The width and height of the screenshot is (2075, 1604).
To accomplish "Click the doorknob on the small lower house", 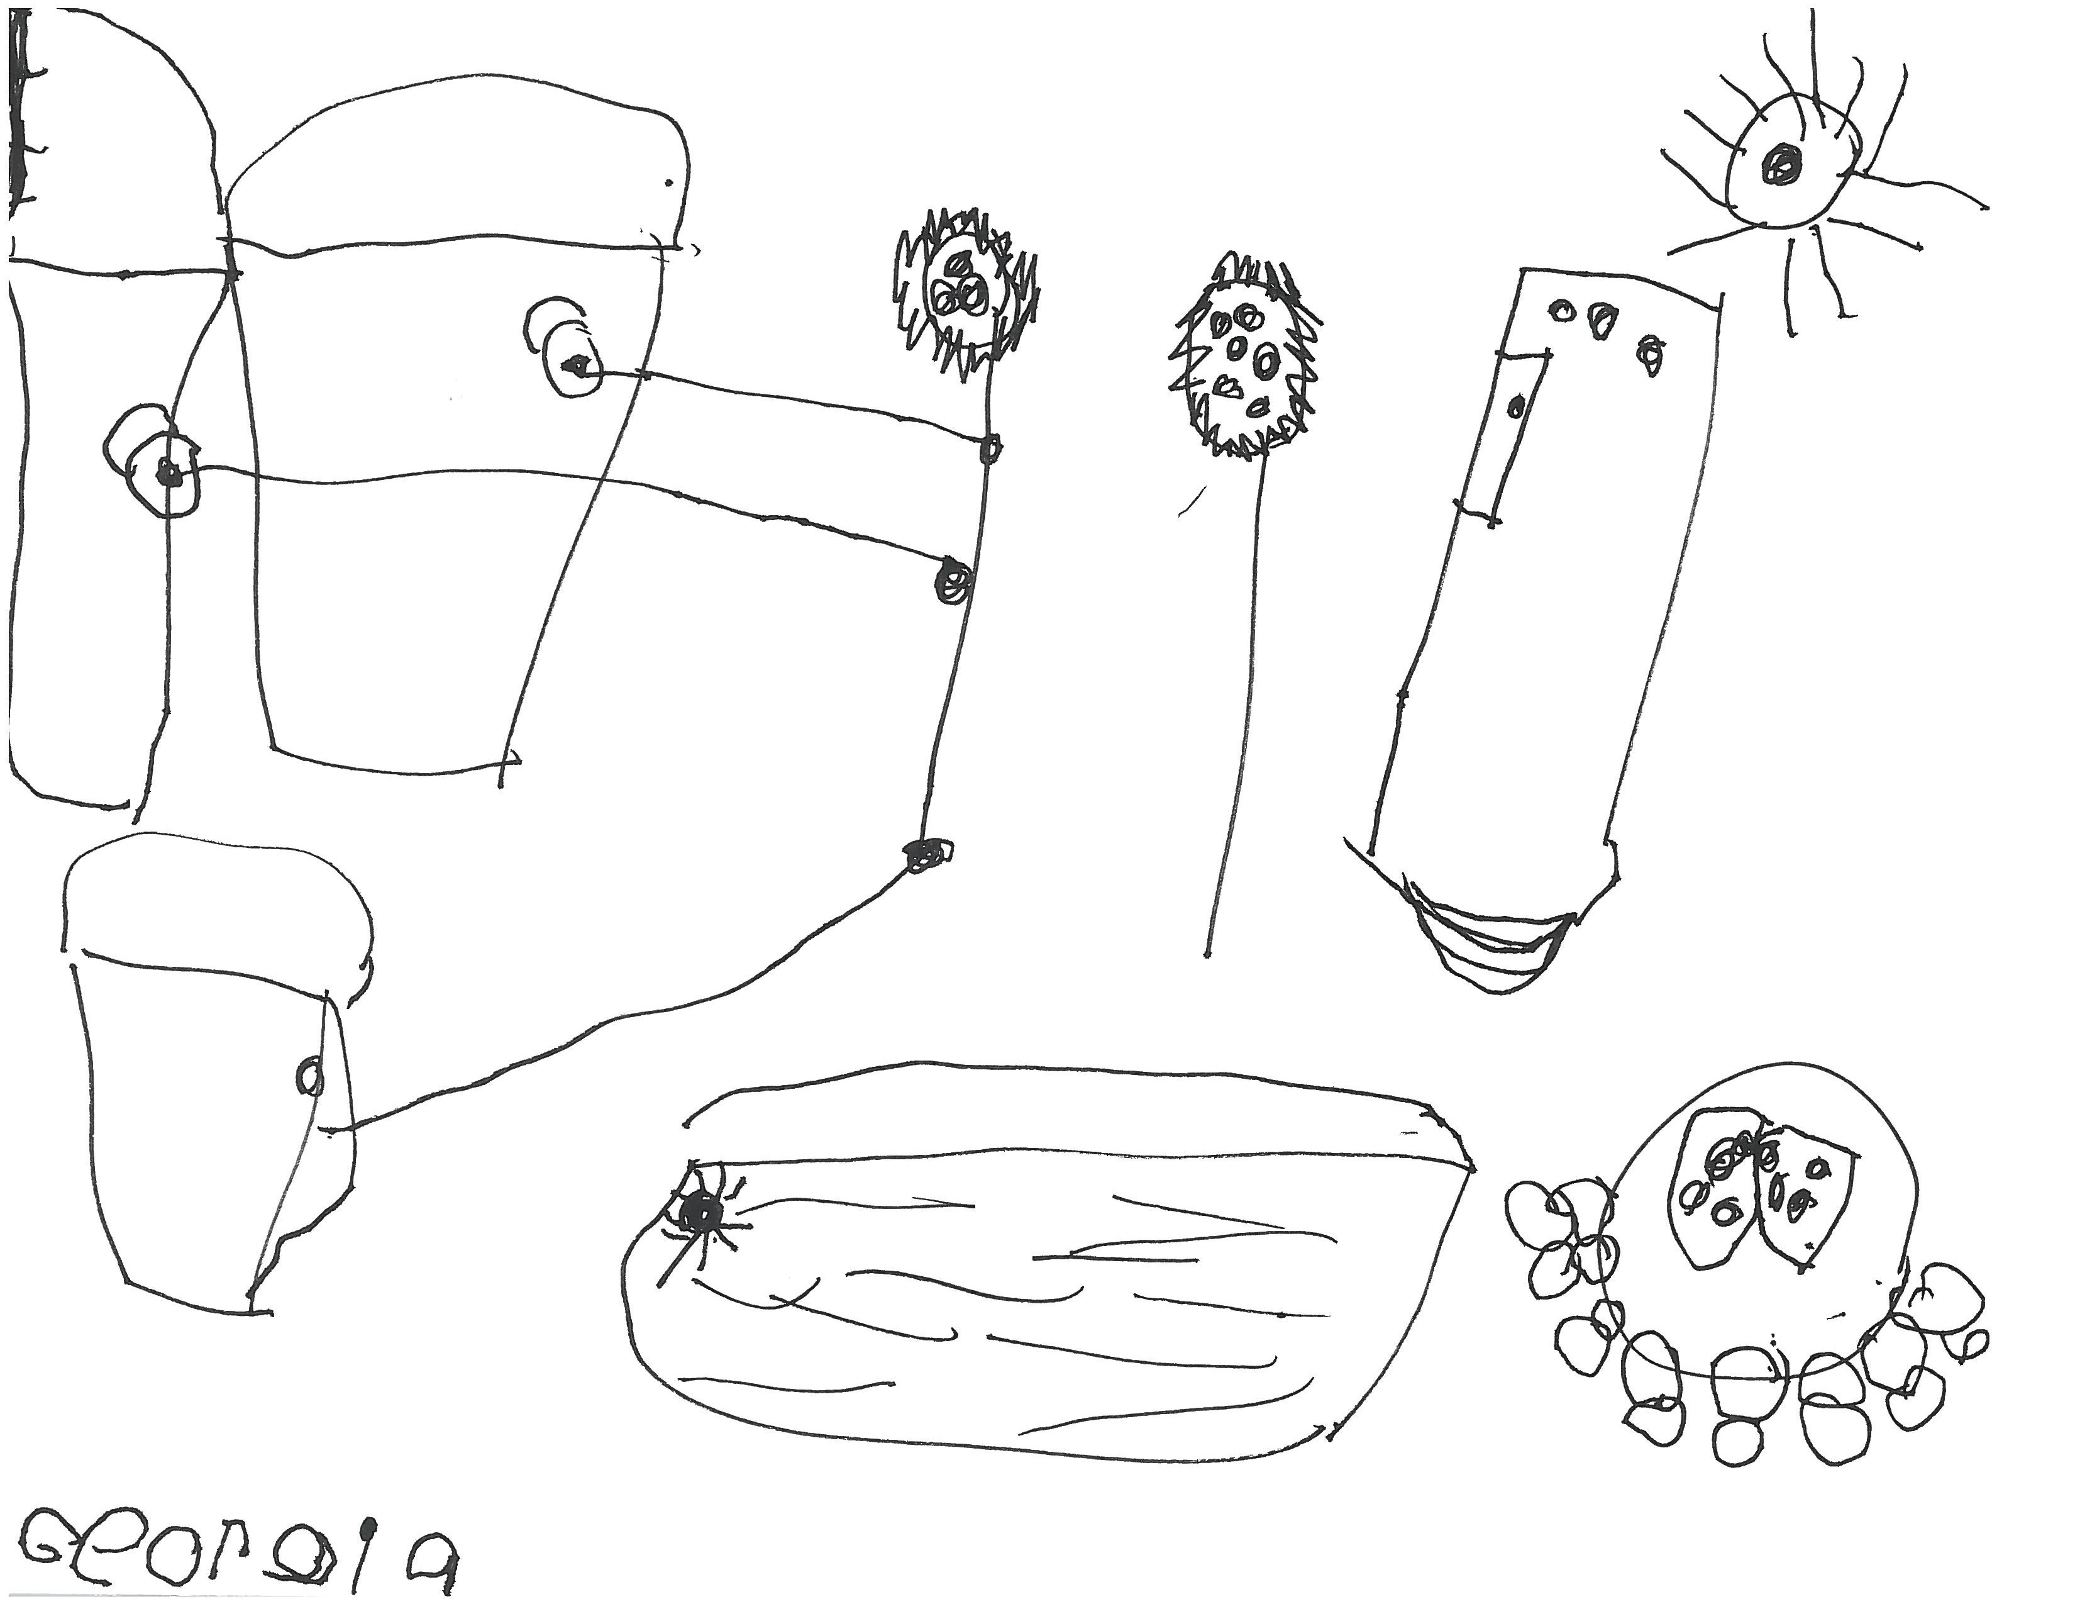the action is (x=310, y=1076).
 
